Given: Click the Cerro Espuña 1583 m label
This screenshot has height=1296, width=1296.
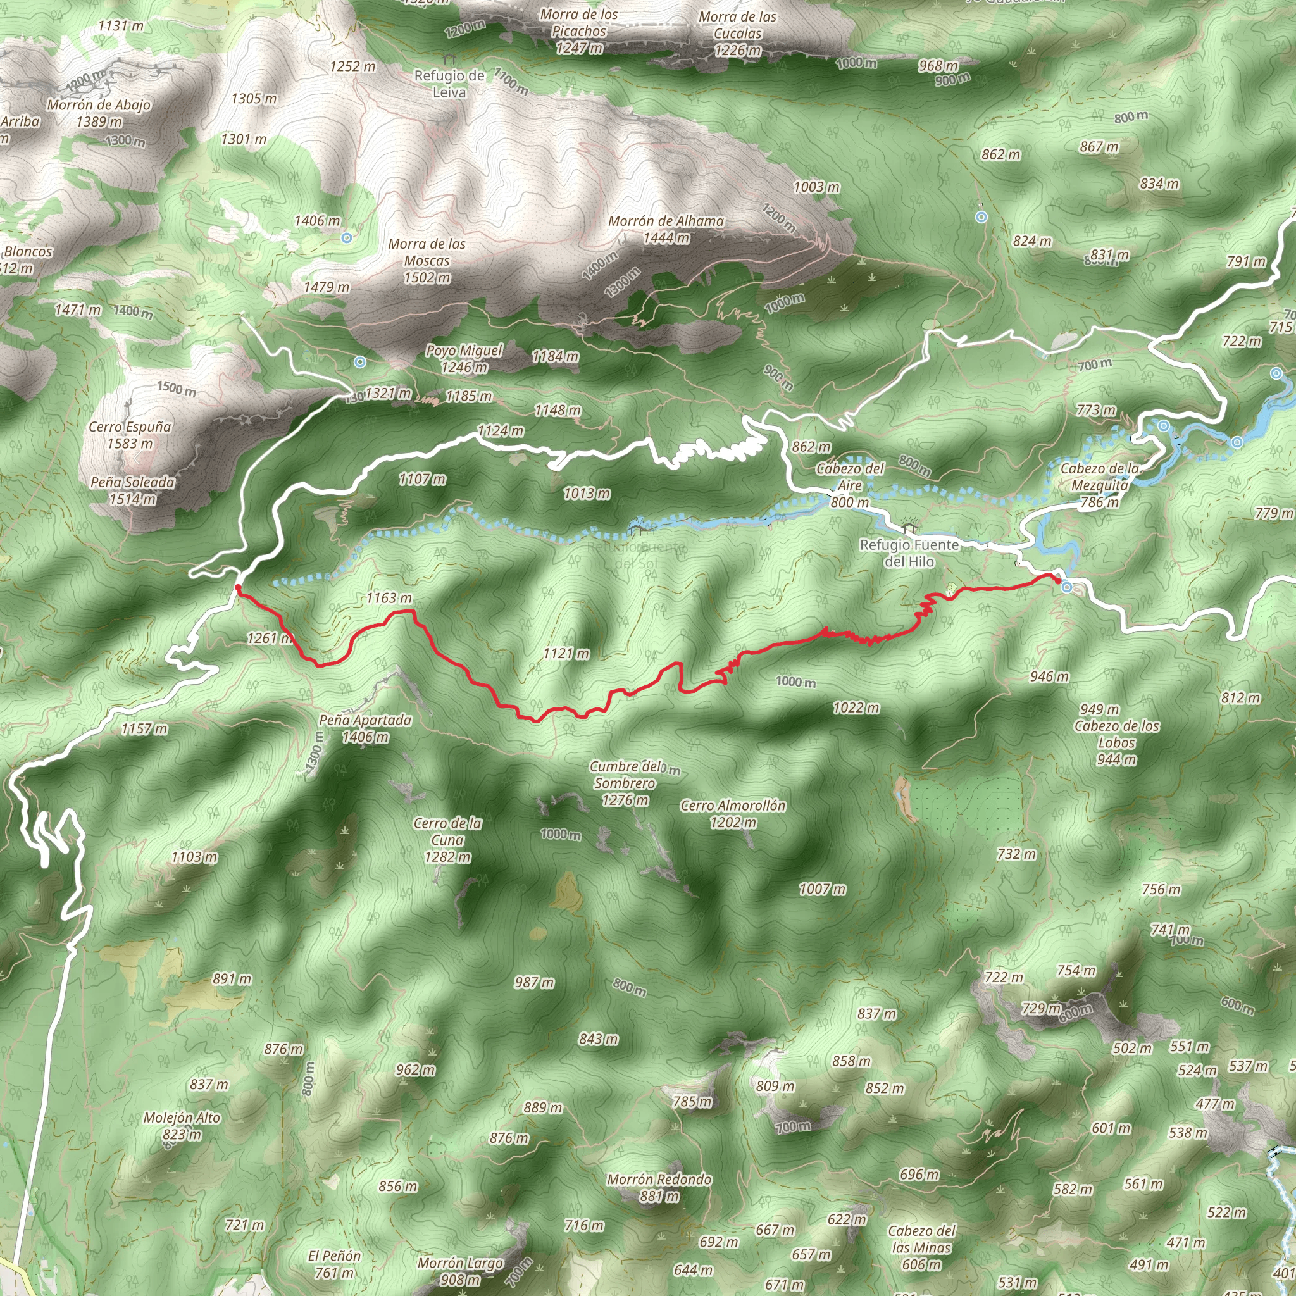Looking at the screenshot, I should click(130, 435).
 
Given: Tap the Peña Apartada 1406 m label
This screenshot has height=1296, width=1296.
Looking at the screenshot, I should click(365, 728).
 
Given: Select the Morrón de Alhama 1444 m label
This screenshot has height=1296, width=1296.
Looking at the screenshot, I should click(666, 228).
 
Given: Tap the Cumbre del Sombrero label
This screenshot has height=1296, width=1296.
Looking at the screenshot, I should click(625, 783).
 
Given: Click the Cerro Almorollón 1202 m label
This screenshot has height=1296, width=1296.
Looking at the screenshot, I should click(733, 814).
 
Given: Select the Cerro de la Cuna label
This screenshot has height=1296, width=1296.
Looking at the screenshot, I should click(447, 840).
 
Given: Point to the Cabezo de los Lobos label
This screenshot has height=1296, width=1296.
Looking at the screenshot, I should click(1116, 734).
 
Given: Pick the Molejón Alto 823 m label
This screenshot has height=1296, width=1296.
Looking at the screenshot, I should click(182, 1126).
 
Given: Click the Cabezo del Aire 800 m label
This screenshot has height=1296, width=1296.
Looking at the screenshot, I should click(850, 485).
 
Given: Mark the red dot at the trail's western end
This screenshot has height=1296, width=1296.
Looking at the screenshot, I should click(238, 588).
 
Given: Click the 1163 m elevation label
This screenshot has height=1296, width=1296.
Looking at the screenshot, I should click(389, 597).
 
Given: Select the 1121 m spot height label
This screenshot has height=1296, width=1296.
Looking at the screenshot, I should click(567, 653).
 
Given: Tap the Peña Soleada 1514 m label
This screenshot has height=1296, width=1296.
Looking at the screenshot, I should click(133, 490).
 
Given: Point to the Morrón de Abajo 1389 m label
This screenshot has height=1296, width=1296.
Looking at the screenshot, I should click(99, 113).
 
